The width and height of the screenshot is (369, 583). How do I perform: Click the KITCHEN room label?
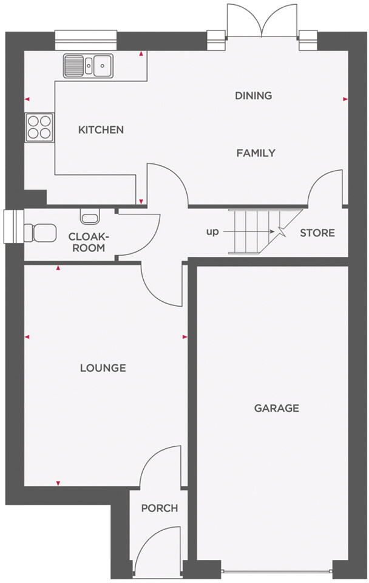tap(101, 130)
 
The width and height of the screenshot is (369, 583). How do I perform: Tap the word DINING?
tap(253, 95)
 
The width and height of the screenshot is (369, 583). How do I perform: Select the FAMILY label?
tap(256, 153)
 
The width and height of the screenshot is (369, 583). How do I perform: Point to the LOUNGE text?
tap(103, 368)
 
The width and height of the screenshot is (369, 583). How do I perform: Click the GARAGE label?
tap(276, 408)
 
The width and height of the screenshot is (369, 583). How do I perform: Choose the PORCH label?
tap(160, 508)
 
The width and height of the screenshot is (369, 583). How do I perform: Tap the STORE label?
tap(317, 233)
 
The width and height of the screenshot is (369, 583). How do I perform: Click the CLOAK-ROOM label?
tap(86, 242)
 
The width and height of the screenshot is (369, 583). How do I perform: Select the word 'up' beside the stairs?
tap(213, 232)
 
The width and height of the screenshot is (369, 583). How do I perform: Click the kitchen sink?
tap(88, 65)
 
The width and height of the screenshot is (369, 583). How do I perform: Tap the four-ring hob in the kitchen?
tap(39, 128)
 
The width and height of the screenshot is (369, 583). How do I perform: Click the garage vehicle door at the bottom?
tap(276, 571)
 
